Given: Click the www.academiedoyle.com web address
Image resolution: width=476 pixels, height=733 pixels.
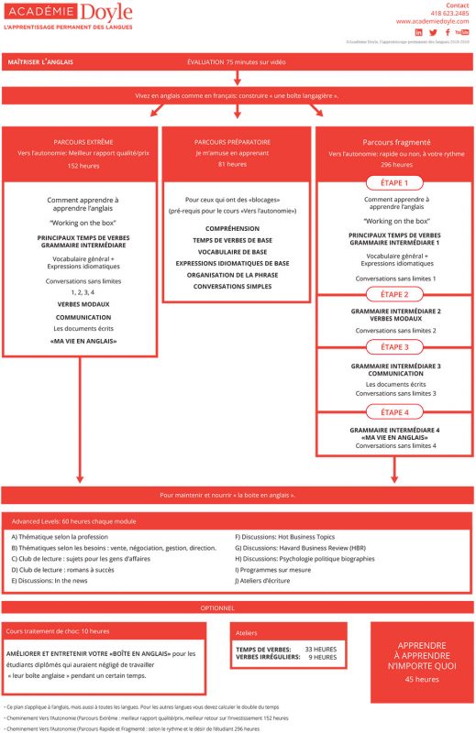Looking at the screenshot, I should tap(433, 21).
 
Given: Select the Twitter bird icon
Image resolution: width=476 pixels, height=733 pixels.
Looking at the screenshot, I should tap(433, 32).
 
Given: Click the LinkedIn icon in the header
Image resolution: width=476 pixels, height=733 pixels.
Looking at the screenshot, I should tap(419, 32).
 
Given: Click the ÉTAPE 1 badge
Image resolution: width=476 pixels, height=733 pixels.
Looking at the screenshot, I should tap(394, 182).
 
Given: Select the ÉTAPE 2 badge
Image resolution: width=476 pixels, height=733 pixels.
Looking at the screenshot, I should tap(394, 294).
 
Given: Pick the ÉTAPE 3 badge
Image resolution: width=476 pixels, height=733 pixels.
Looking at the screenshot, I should tap(394, 347).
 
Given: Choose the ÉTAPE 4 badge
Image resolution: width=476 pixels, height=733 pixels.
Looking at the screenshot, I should tap(394, 412).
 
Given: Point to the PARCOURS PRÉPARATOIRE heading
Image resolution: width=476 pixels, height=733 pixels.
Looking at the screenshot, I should tap(238, 143).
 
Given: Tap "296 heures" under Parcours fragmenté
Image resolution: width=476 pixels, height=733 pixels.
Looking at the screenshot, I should tap(394, 165).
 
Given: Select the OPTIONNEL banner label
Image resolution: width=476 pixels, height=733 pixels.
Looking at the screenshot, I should tap(238, 607).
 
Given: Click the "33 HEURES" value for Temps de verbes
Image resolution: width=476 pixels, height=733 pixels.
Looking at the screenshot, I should tap(320, 649).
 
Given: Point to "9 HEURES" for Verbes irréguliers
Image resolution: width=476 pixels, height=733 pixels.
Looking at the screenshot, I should tap(323, 657).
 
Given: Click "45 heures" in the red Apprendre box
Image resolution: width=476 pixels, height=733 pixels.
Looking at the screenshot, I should tap(422, 679).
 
